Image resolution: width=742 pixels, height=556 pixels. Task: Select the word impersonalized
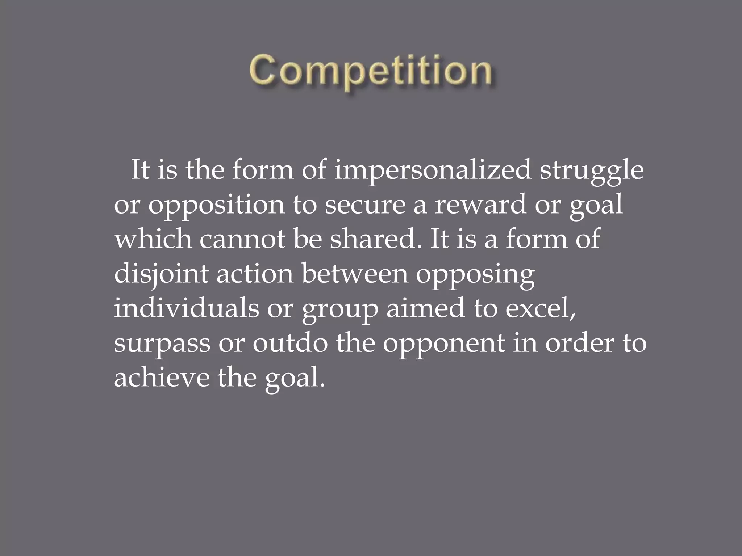point(433,170)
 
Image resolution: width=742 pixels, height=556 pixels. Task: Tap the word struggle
point(592,170)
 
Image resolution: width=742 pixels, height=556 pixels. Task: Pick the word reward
point(481,205)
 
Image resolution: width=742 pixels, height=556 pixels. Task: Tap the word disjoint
point(161,274)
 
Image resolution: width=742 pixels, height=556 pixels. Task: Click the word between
point(354,274)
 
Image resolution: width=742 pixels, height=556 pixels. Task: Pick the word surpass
point(162,344)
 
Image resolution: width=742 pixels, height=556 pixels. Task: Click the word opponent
point(443,344)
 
